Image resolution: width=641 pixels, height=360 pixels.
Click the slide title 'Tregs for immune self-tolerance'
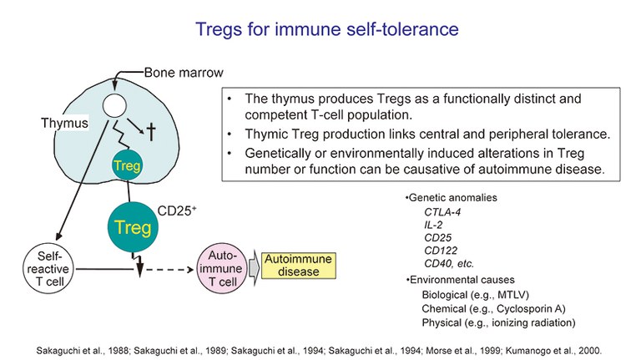326,30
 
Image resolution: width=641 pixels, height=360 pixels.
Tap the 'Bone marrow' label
184,73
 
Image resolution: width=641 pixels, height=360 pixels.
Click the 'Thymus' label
63,123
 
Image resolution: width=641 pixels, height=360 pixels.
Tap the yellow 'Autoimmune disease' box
298,266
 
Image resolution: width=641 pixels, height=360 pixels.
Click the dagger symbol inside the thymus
152,131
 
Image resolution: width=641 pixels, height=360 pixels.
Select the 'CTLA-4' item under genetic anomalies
443,211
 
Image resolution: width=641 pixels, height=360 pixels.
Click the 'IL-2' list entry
434,226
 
